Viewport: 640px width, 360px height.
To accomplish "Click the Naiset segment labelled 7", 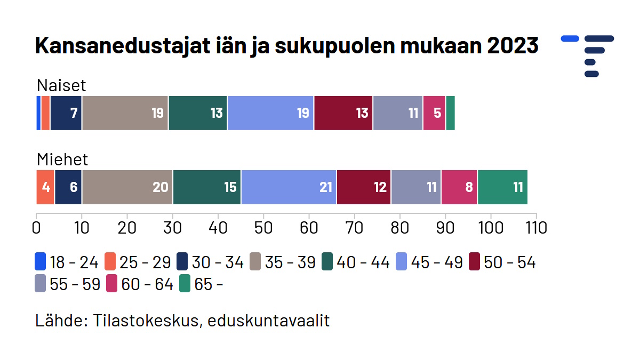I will point(66,113).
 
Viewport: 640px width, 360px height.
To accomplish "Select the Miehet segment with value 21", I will point(289,187).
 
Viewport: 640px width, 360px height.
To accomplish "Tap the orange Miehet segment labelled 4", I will point(45,187).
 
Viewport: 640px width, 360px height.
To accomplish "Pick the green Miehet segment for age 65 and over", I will point(502,187).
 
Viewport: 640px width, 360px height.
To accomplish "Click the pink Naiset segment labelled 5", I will point(434,113).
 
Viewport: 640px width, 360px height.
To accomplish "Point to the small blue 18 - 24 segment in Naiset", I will point(38,113).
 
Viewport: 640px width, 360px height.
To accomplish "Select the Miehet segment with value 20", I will point(127,187).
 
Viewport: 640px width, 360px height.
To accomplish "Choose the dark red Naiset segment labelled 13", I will point(343,113).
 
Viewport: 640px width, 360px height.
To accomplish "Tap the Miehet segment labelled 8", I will point(459,187).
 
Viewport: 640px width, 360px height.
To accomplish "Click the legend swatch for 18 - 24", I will point(40,262).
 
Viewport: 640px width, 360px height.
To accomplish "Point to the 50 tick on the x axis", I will point(263,228).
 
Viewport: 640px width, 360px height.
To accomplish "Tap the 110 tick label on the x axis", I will point(535,228).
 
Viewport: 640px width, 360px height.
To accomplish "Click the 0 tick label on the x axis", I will point(36,228).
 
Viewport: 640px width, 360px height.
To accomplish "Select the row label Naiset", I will point(61,86).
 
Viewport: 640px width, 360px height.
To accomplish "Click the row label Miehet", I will point(62,159).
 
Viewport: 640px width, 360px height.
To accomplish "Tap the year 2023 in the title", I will point(513,46).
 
